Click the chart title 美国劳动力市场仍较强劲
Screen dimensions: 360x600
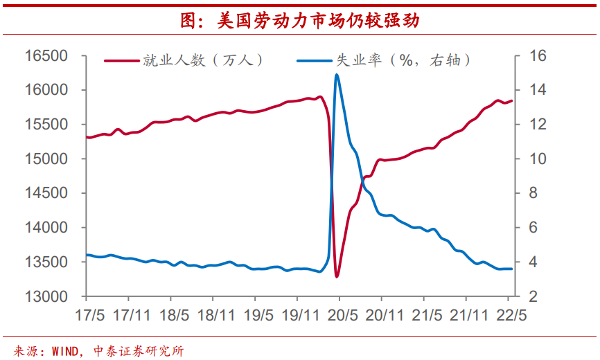tap(299, 21)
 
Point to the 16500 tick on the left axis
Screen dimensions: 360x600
tap(46, 55)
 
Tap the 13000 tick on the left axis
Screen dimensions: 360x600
tap(46, 296)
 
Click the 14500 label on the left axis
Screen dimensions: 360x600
tap(46, 193)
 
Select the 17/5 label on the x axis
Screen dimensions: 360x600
tap(90, 314)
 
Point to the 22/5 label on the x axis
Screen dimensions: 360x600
tap(510, 314)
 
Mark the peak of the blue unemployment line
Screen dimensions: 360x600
tap(336, 74)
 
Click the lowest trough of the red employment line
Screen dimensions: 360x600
tap(337, 277)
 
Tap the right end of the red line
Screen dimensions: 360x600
tap(512, 101)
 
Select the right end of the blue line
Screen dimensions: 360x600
tap(512, 269)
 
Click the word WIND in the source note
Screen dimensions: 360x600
tap(66, 350)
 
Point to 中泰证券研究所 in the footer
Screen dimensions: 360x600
tap(139, 350)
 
